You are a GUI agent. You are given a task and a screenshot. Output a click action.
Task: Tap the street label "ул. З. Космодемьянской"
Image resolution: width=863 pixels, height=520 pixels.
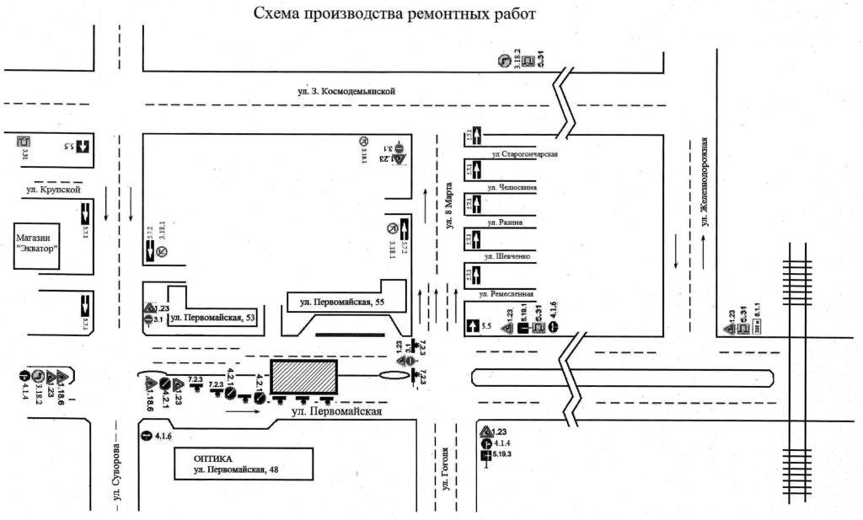point(346,90)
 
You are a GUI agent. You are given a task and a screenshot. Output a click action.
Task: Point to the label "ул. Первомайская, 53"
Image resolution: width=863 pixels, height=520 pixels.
point(210,318)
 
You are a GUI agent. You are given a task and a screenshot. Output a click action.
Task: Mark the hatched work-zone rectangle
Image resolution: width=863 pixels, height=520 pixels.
point(303,376)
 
